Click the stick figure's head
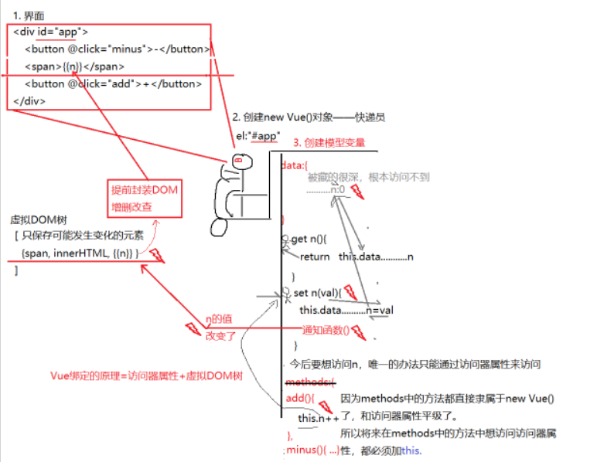242,163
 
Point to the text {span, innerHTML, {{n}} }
80,253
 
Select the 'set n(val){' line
317,293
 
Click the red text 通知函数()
325,328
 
